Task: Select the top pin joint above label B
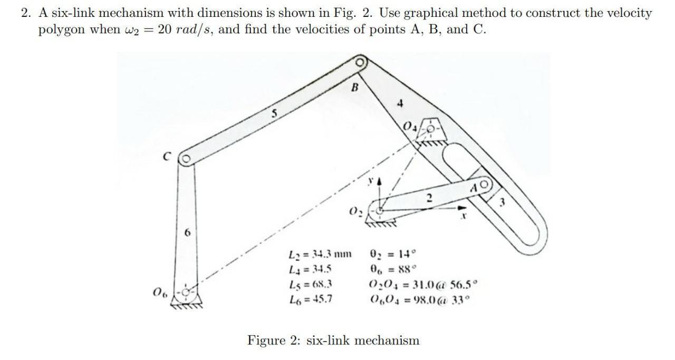(x=360, y=62)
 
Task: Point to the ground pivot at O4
(x=431, y=129)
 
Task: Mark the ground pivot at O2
(x=379, y=210)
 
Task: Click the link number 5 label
(x=274, y=112)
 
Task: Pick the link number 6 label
(x=186, y=232)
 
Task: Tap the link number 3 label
(x=503, y=202)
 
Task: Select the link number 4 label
(x=400, y=104)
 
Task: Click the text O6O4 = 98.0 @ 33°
(x=420, y=300)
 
